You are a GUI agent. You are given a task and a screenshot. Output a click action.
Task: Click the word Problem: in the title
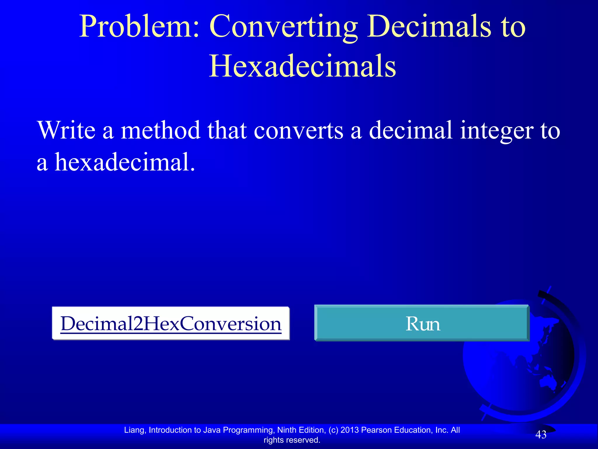(140, 27)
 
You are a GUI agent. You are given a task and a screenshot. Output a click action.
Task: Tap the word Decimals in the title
(429, 27)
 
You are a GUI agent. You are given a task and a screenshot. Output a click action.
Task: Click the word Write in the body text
(67, 130)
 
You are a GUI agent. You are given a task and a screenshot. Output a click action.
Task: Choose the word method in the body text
(160, 130)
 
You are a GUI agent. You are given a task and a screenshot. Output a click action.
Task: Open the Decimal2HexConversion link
(171, 324)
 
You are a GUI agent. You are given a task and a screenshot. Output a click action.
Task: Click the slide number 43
(540, 435)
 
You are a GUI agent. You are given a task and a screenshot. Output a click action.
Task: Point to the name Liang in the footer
(135, 430)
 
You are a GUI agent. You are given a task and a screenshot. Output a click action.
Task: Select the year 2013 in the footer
(350, 430)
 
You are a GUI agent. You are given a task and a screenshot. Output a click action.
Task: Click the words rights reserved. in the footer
(292, 440)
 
